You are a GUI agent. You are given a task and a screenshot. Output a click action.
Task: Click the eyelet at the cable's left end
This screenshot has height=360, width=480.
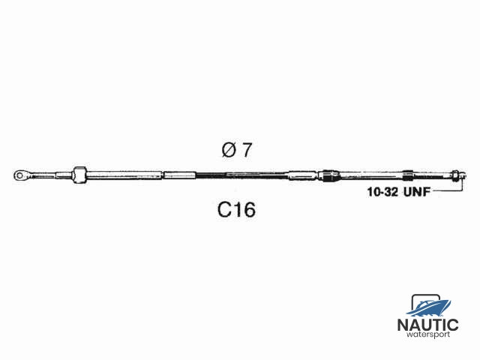19,175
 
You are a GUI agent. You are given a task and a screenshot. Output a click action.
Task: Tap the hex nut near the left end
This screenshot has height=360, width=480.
79,175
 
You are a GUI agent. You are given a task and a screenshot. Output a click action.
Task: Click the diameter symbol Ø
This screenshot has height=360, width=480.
229,151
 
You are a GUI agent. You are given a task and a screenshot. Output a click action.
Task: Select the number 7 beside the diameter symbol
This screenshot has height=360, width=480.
247,151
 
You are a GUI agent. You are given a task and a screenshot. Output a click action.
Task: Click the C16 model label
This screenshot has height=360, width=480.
236,210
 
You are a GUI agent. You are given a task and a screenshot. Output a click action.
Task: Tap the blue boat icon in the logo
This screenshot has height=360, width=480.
429,305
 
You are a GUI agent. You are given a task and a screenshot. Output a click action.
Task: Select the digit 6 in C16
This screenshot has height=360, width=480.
249,210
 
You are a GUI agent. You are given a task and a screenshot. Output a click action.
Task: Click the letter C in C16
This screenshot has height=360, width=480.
224,210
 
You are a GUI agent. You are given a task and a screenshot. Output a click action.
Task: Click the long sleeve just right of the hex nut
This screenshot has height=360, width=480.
124,175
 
